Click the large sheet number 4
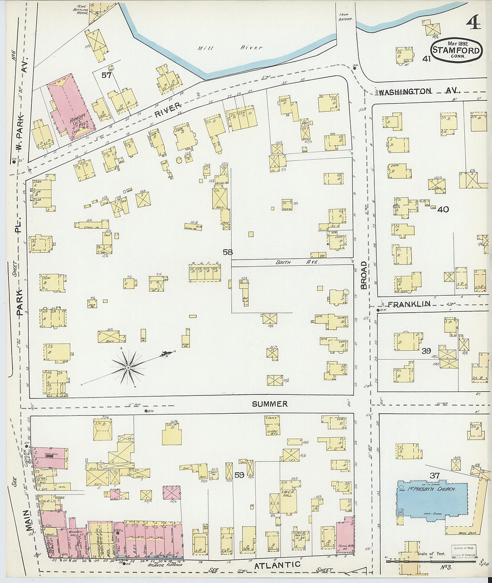[473, 22]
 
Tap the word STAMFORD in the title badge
[456, 51]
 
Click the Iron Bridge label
[346, 17]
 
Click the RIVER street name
[168, 109]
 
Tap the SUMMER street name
[269, 404]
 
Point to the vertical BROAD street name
[364, 275]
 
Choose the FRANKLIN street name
[409, 304]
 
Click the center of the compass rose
[128, 367]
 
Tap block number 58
[228, 252]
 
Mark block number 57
[106, 75]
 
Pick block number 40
[443, 209]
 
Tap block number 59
[239, 475]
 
